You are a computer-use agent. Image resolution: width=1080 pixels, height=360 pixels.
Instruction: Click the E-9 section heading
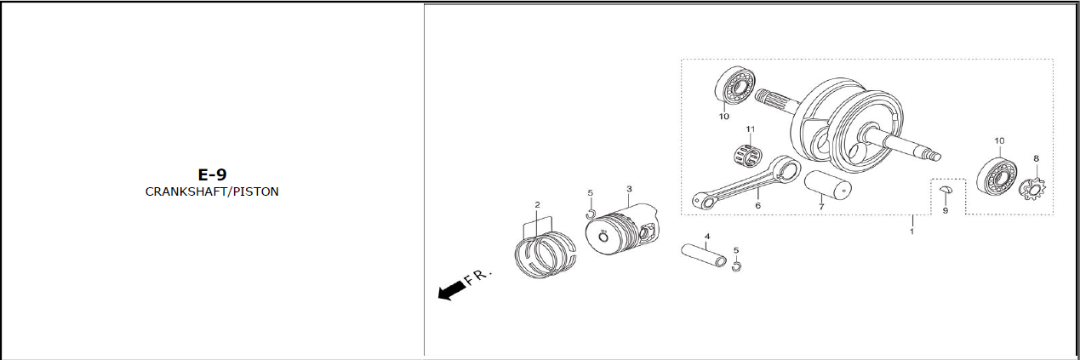212,174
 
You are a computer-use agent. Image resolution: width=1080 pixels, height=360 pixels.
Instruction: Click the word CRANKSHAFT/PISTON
212,191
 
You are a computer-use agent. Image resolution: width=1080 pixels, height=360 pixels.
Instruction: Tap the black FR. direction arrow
452,290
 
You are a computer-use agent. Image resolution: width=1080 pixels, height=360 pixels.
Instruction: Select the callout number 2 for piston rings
538,205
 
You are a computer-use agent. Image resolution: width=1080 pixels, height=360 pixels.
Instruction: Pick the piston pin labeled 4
704,255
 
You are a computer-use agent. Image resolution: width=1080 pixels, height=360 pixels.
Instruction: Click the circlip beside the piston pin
736,266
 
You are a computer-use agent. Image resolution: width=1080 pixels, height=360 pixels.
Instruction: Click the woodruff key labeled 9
946,190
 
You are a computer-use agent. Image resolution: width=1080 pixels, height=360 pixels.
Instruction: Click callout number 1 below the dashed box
911,231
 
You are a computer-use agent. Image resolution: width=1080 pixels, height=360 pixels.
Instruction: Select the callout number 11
751,129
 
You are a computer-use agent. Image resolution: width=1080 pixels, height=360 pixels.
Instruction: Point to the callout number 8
1036,158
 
